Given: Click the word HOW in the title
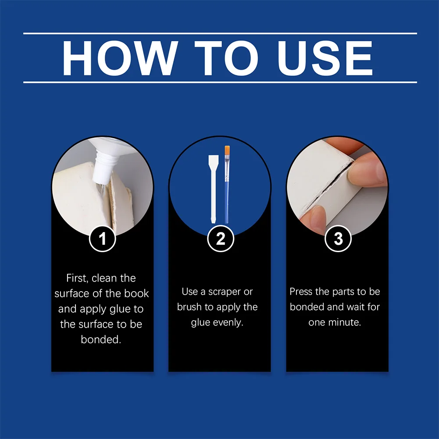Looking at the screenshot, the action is [120, 58].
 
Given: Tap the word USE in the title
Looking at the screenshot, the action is [325, 58].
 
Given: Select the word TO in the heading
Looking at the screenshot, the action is [226, 58].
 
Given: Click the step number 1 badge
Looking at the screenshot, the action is [103, 239].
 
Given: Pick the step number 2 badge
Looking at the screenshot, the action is [221, 239].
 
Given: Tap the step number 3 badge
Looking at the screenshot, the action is [338, 239].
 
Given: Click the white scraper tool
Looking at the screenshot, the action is [213, 189].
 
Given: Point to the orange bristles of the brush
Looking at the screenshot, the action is [227, 150].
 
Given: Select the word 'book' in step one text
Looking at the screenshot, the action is [137, 293].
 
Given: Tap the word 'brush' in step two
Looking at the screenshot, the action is [189, 307].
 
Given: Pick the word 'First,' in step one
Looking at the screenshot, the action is [77, 278].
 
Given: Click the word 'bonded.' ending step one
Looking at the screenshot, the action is [101, 339].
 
